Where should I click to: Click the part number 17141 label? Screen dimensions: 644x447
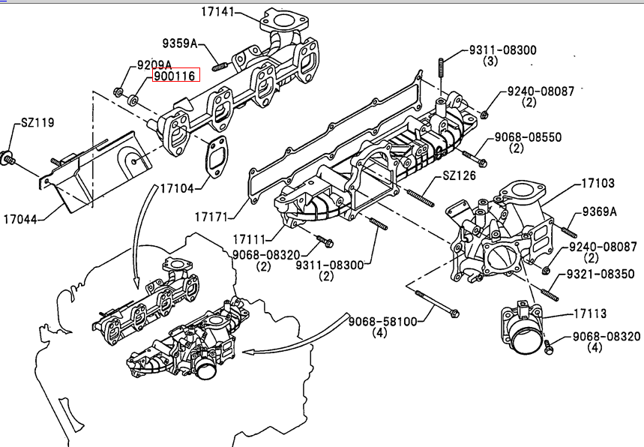coord(217,11)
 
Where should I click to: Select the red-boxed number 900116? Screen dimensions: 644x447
coord(175,75)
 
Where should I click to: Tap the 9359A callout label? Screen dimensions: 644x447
coord(179,43)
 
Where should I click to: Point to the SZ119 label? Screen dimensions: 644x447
coord(37,122)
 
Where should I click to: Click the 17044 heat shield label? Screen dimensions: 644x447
coord(20,220)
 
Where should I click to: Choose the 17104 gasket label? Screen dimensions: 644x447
coord(177,188)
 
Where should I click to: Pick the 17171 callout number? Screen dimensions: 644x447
coord(211,217)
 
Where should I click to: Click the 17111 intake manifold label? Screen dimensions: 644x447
coord(250,239)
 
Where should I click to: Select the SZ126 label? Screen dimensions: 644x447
coord(459,175)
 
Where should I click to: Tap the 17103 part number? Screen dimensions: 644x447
coord(598,183)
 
